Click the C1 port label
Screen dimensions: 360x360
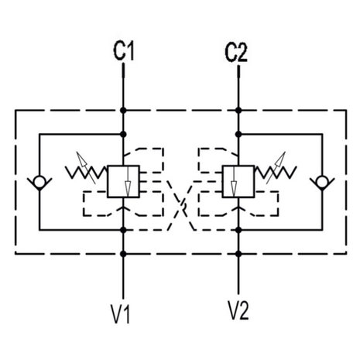coord(124,51)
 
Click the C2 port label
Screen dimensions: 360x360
coord(236,53)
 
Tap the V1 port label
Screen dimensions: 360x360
coord(120,314)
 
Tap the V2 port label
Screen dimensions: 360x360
coord(238,310)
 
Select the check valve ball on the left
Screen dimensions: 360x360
coord(39,181)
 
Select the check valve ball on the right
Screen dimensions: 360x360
coord(322,181)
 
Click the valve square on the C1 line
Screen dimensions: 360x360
coord(123,182)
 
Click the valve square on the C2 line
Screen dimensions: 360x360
coord(238,182)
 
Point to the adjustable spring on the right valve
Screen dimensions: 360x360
coord(276,170)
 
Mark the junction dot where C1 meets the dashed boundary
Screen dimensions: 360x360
coord(123,111)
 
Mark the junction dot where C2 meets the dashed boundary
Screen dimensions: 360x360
coord(238,111)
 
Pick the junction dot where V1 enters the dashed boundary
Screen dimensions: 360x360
coord(123,254)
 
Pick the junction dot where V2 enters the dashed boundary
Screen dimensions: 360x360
coord(238,254)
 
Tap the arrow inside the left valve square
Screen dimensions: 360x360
coord(128,181)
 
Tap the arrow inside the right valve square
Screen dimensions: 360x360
coord(234,181)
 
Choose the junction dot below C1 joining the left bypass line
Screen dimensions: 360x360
coord(123,135)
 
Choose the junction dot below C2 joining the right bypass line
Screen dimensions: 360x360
coord(238,135)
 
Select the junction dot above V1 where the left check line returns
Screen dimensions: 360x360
coord(123,230)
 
